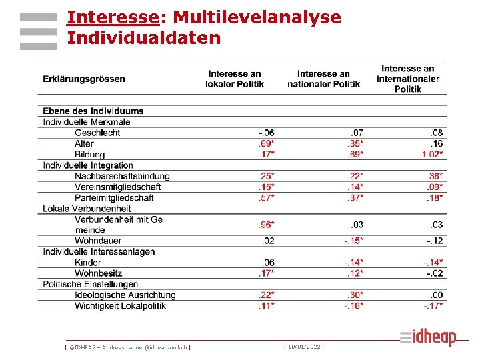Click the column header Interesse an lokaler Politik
click(235, 79)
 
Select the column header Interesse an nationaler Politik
click(323, 79)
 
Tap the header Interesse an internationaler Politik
click(407, 79)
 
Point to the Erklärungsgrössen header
click(84, 79)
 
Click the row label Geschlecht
click(97, 133)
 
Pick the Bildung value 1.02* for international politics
click(432, 154)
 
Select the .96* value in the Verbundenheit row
click(266, 225)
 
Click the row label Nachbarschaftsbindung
click(122, 176)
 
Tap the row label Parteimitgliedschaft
click(114, 197)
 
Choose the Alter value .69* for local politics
click(266, 143)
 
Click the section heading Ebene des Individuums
click(93, 111)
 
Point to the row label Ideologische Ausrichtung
click(125, 295)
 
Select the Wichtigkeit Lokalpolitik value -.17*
click(433, 306)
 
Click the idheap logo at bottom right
click(429, 337)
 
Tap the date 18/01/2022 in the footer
click(303, 347)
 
